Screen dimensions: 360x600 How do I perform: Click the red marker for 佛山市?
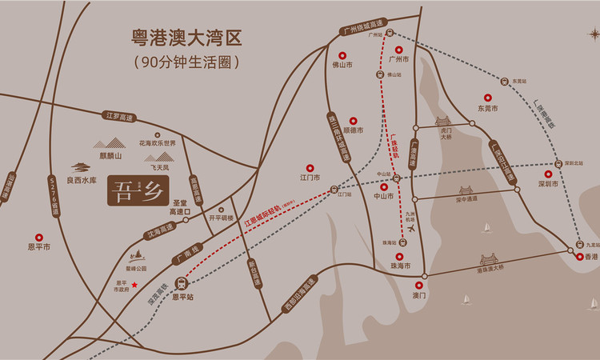coord(343,56)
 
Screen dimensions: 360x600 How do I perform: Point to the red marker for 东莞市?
coord(488,97)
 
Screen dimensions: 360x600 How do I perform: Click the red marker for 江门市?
coord(310,167)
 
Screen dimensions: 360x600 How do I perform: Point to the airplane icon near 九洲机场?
coord(412,227)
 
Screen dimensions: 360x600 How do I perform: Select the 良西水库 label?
coord(81,181)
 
